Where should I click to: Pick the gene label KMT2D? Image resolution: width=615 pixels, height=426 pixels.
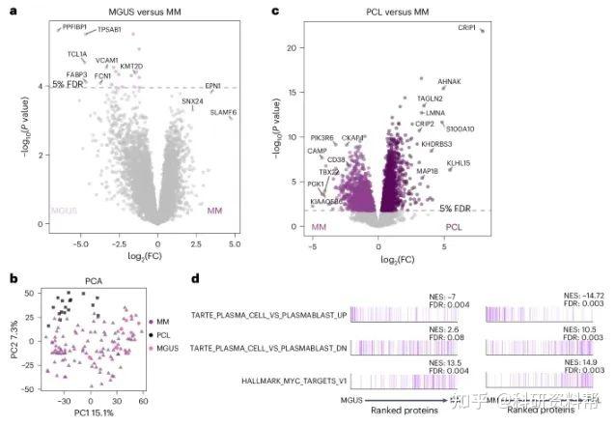pyautogui.click(x=131, y=66)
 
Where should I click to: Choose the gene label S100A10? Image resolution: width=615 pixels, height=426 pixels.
pyautogui.click(x=460, y=128)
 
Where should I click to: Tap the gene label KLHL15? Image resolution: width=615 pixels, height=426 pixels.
pyautogui.click(x=459, y=163)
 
